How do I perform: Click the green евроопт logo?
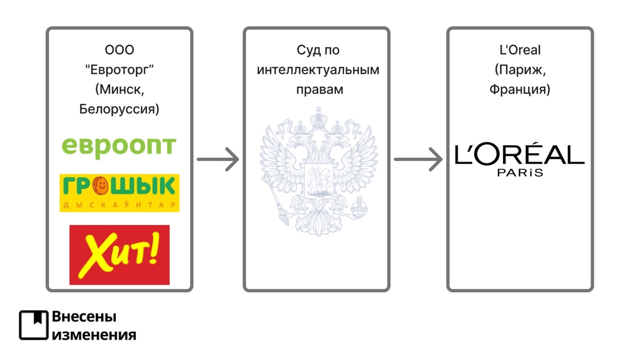pos(119,145)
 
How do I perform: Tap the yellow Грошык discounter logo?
pos(119,193)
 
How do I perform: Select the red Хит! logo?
pos(119,254)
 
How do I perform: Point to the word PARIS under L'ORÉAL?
pos(519,173)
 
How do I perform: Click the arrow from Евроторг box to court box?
pos(218,159)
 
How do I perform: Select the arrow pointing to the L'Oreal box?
pos(419,159)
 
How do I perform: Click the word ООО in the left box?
pos(119,50)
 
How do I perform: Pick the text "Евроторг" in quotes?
pos(119,70)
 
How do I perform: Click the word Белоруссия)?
pos(119,110)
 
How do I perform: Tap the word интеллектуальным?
pos(318,70)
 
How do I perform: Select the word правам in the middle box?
pos(318,90)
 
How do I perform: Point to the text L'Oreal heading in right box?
pos(519,50)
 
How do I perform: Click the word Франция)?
pos(519,90)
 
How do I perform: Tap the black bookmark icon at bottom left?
pos(34,325)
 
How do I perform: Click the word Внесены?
pos(84,317)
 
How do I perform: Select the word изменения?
pos(94,334)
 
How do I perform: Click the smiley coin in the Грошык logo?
pos(101,186)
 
